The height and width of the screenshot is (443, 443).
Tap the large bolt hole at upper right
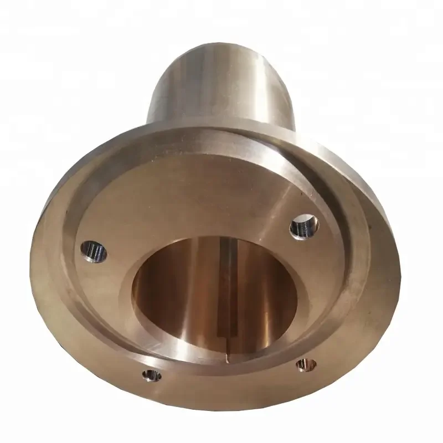tap(304, 226)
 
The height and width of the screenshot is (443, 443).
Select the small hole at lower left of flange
tap(151, 376)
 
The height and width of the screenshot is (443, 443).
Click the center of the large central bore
tap(216, 293)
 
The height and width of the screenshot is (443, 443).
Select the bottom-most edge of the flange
tap(221, 410)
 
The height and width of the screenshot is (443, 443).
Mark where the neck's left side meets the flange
tap(147, 125)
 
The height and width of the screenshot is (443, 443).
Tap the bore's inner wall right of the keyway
tap(266, 288)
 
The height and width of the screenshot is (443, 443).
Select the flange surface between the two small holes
tap(227, 382)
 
